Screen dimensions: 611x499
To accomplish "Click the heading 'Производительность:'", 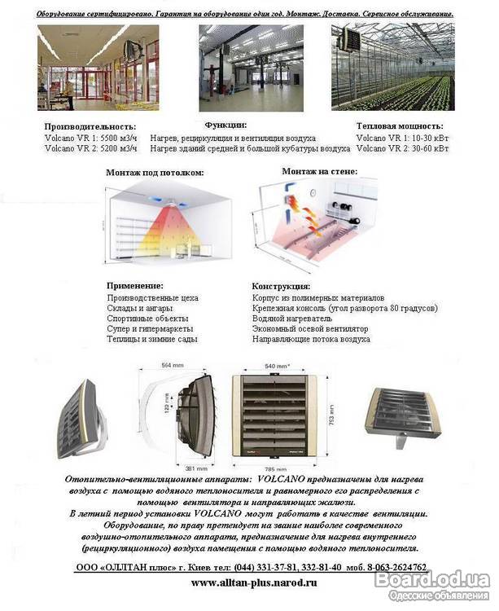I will pos(90,127).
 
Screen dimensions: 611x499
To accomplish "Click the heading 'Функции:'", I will pos(225,125).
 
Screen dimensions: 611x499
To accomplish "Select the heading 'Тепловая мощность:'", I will pos(400,126).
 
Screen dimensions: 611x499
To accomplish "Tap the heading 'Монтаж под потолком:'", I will pos(155,173).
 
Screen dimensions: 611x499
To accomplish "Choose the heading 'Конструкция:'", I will pos(281,287).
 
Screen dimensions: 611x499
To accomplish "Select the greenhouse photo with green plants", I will pos(392,68).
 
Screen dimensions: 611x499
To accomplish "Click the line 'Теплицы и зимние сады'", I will pos(152,339).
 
